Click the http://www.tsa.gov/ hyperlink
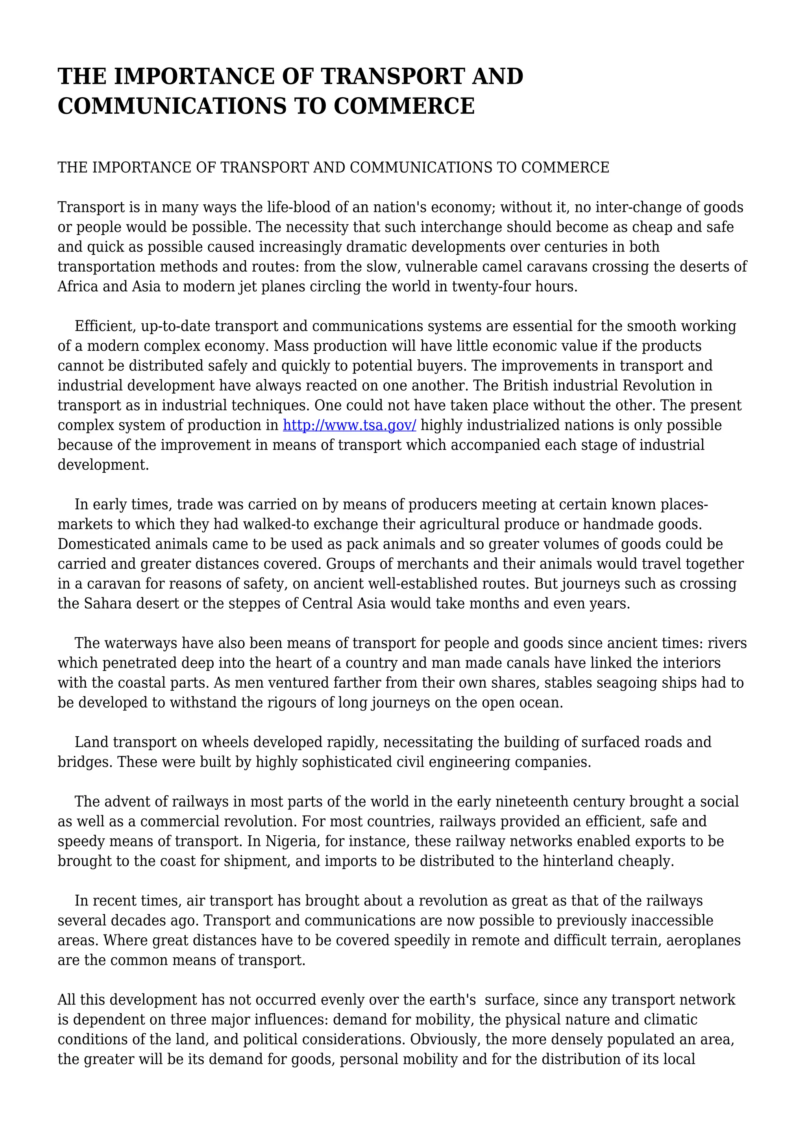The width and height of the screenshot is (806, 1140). tap(349, 426)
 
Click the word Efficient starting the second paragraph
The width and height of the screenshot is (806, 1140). tap(105, 326)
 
